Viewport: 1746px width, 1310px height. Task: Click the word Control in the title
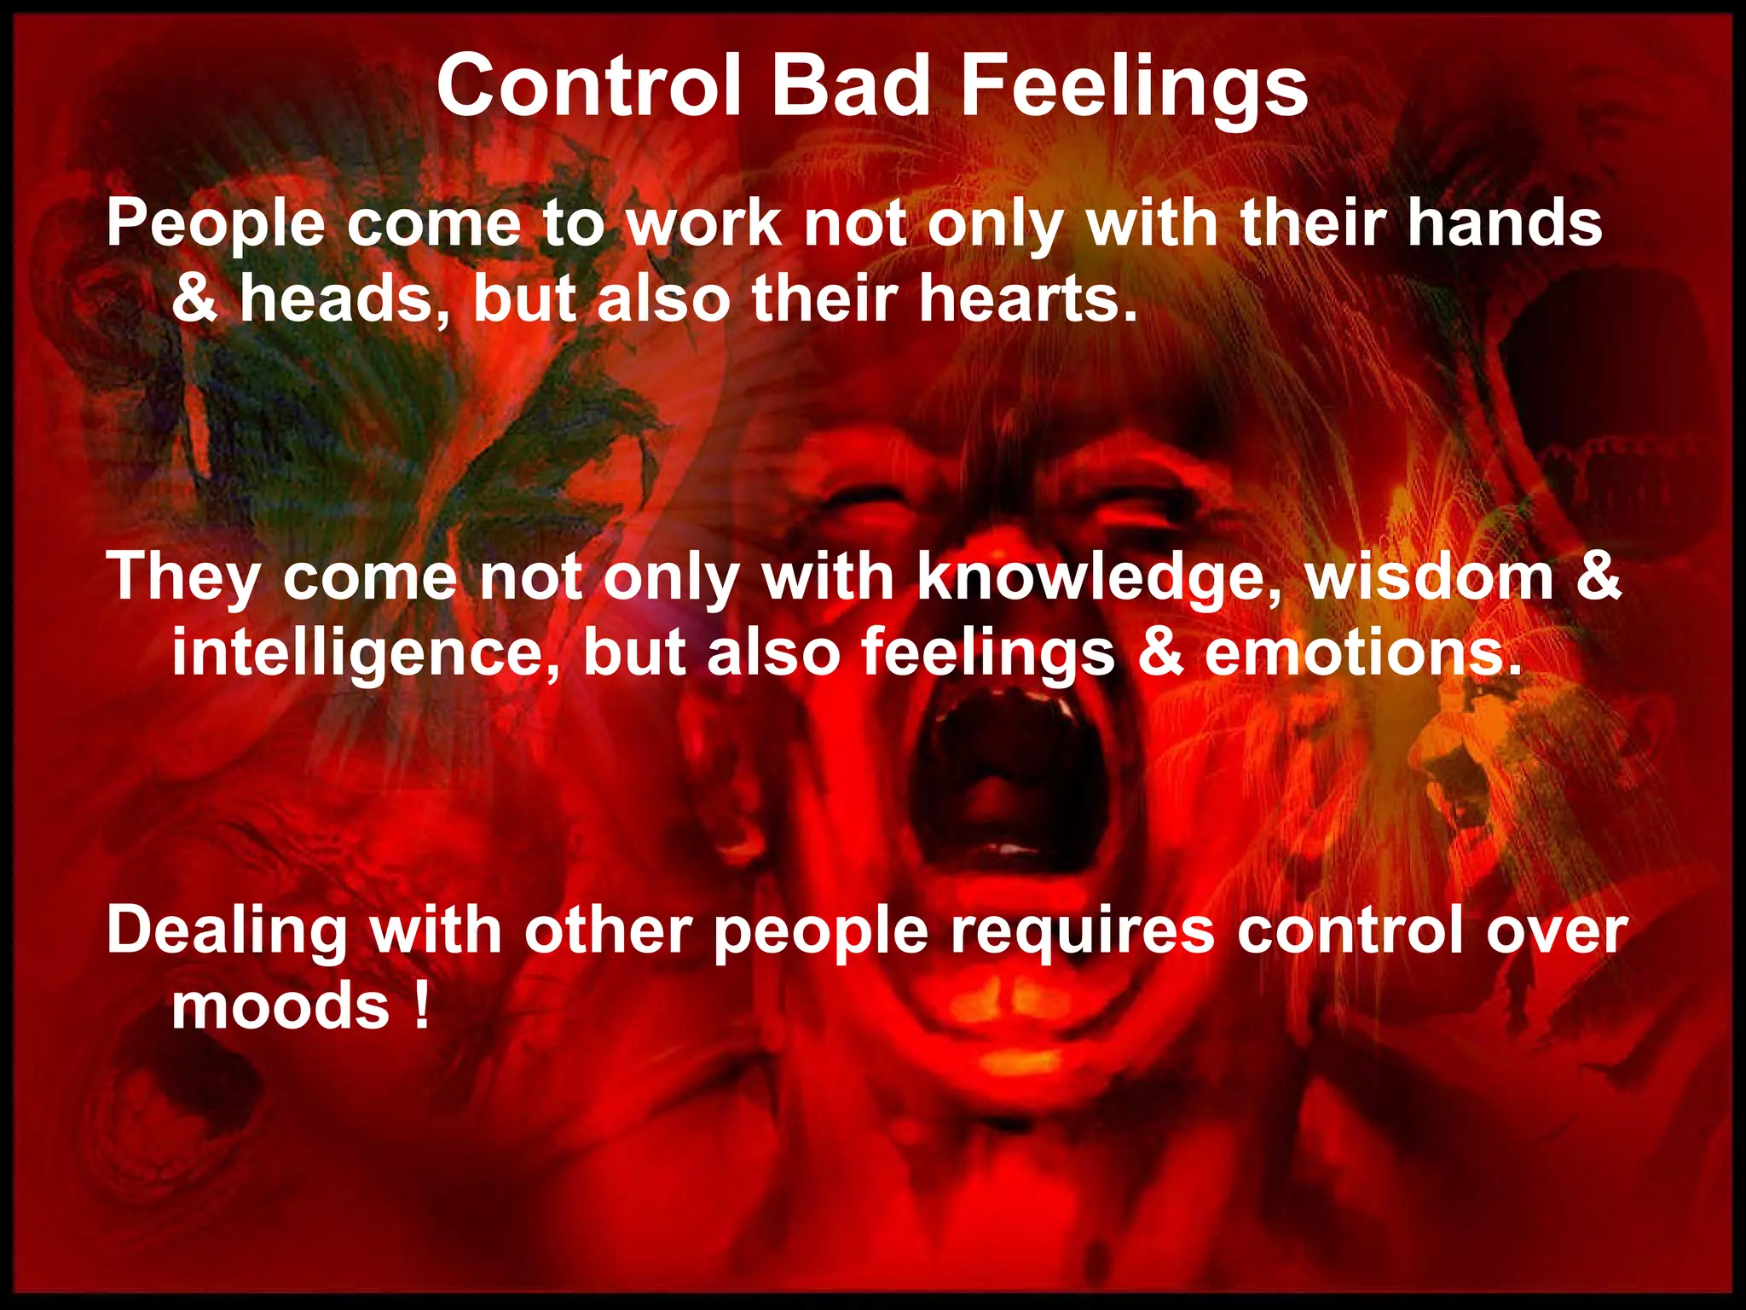pyautogui.click(x=588, y=86)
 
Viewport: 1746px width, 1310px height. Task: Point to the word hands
pyautogui.click(x=1505, y=223)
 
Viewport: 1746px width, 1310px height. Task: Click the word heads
pyautogui.click(x=337, y=300)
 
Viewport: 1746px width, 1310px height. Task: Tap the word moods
pyautogui.click(x=281, y=1006)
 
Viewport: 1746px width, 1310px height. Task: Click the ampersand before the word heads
pyautogui.click(x=194, y=300)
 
